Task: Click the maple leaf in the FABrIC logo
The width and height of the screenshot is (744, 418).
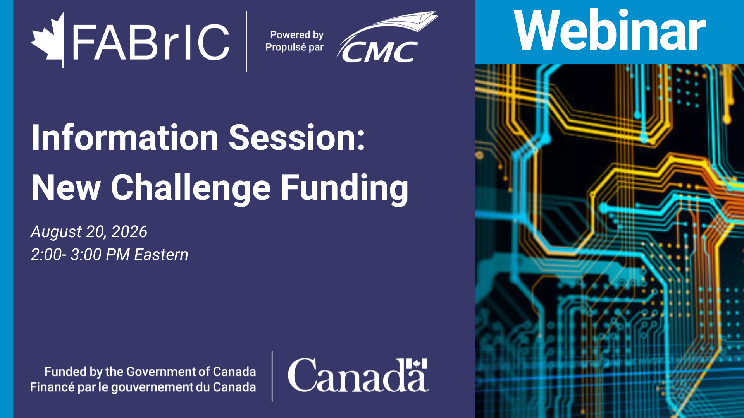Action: point(48,39)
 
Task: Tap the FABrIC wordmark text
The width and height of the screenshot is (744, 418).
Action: point(151,42)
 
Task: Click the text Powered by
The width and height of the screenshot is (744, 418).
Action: point(297,35)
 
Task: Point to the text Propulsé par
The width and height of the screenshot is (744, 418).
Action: point(294,47)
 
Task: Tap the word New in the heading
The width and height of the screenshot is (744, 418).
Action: point(66,187)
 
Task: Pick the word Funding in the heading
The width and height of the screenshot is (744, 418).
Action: point(344,188)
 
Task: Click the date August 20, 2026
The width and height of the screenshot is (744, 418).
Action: point(89,232)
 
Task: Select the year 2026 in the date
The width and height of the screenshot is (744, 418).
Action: point(129,231)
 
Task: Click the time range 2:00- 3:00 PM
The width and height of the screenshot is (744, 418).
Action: point(80,255)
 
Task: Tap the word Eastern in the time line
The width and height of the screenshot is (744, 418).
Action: point(161,255)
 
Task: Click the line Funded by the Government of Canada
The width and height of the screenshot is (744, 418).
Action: point(150,372)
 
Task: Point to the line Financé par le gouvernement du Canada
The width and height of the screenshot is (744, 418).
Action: point(143,387)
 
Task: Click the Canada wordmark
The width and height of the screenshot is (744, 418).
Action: point(358,375)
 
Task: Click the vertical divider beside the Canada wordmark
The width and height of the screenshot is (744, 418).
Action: point(272,376)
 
